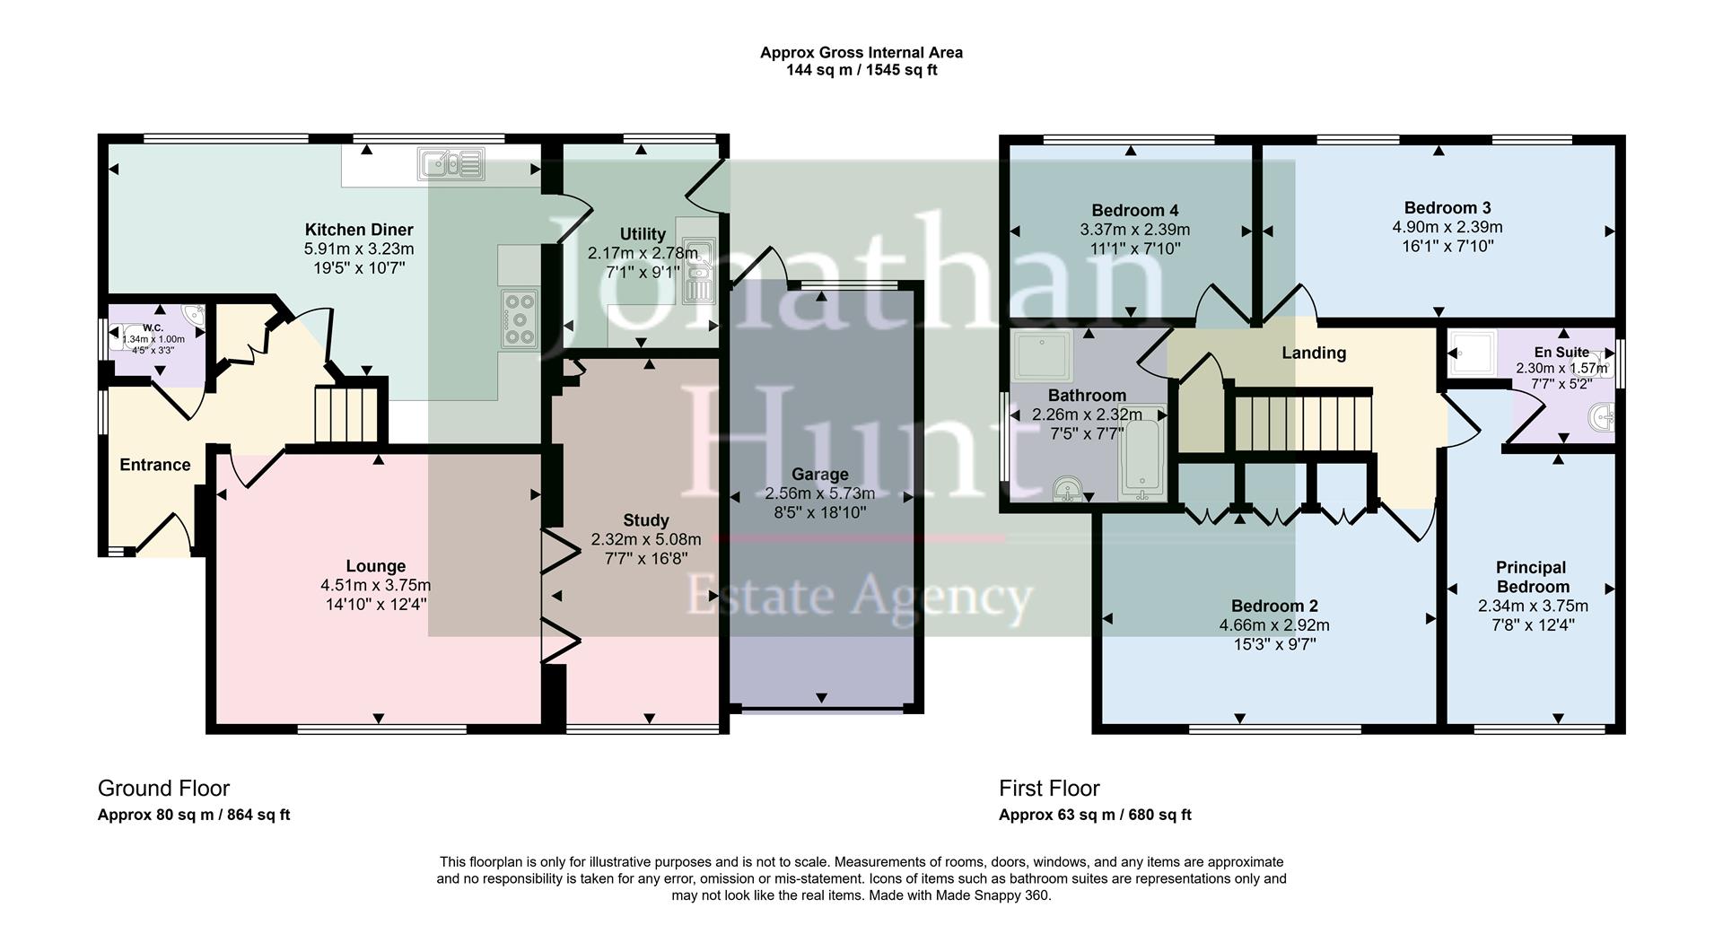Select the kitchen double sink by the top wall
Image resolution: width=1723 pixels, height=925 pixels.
[x=450, y=164]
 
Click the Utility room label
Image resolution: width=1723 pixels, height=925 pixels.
[x=643, y=234]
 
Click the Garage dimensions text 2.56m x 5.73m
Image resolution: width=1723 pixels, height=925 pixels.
[x=819, y=493]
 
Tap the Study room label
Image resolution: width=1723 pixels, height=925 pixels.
[x=645, y=520]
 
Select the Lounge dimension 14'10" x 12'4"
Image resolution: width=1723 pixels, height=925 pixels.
[x=376, y=605]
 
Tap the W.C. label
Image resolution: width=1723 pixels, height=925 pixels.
[x=153, y=327]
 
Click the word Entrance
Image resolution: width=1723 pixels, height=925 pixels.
[x=155, y=465]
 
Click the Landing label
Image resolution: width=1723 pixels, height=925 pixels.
[x=1313, y=353]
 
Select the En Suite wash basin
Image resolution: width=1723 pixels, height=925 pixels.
[x=1600, y=417]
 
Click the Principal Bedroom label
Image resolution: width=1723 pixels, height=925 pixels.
[x=1531, y=577]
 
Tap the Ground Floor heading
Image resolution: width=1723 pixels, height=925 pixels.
[x=163, y=789]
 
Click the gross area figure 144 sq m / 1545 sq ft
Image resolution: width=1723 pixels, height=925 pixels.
[x=861, y=70]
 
